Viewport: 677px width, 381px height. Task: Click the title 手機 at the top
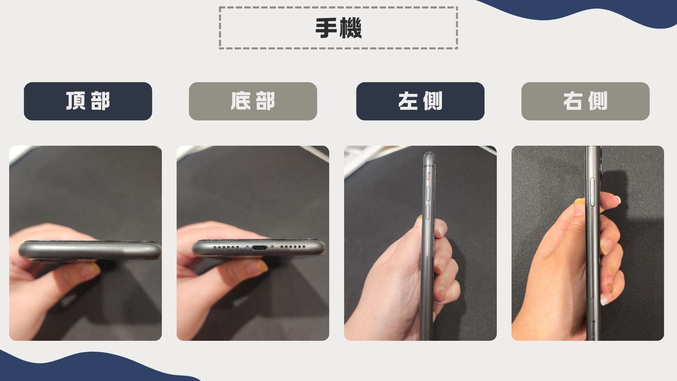click(x=338, y=28)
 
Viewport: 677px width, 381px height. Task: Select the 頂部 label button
click(x=88, y=101)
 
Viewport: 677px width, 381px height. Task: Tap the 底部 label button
click(x=253, y=101)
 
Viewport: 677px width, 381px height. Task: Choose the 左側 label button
click(x=420, y=101)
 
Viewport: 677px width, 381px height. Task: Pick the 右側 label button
click(x=585, y=101)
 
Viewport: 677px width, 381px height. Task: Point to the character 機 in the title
click(x=350, y=28)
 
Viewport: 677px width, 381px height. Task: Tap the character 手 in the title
click(x=327, y=28)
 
